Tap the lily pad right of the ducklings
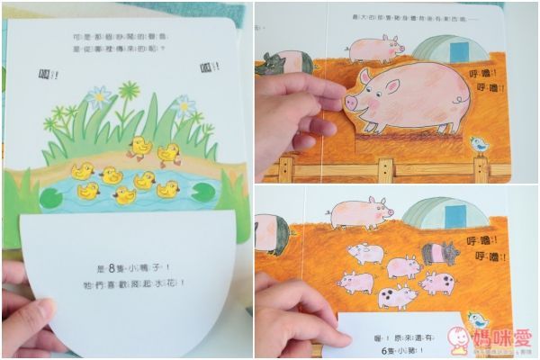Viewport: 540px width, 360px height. coord(201,192)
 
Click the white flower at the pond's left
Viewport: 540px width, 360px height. coord(98,93)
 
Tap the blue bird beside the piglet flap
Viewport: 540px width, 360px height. coord(479,320)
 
